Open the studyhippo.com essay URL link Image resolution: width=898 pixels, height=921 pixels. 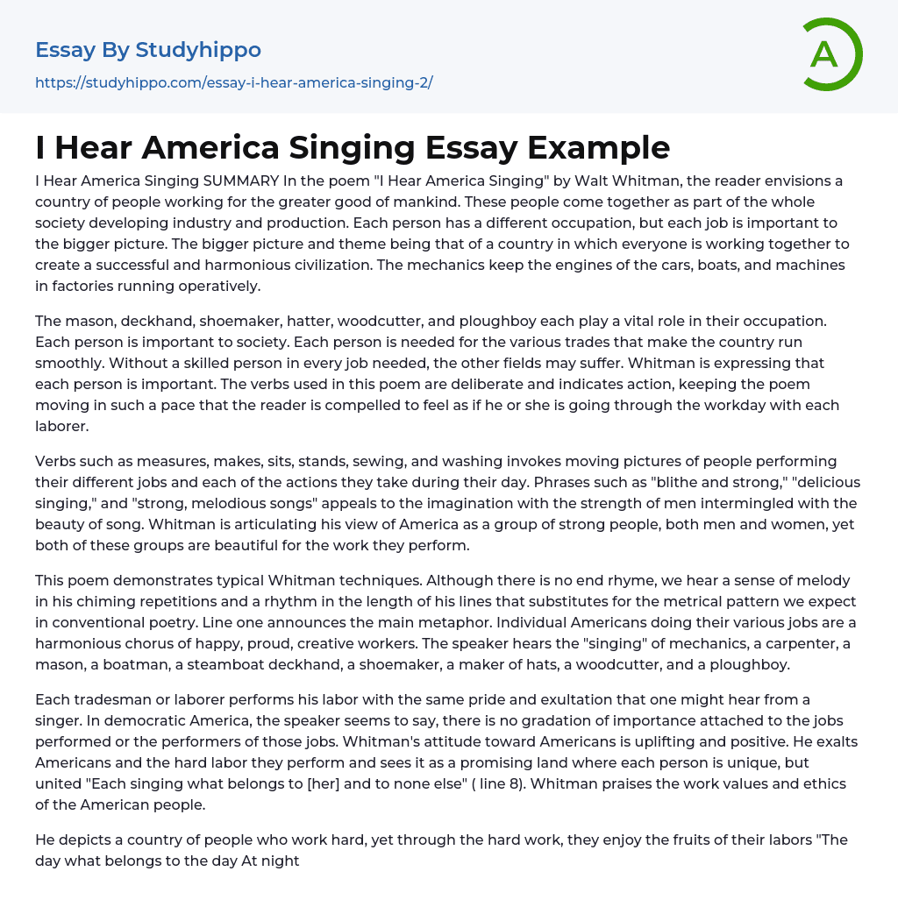coord(233,82)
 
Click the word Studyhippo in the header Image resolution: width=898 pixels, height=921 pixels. coord(198,50)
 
